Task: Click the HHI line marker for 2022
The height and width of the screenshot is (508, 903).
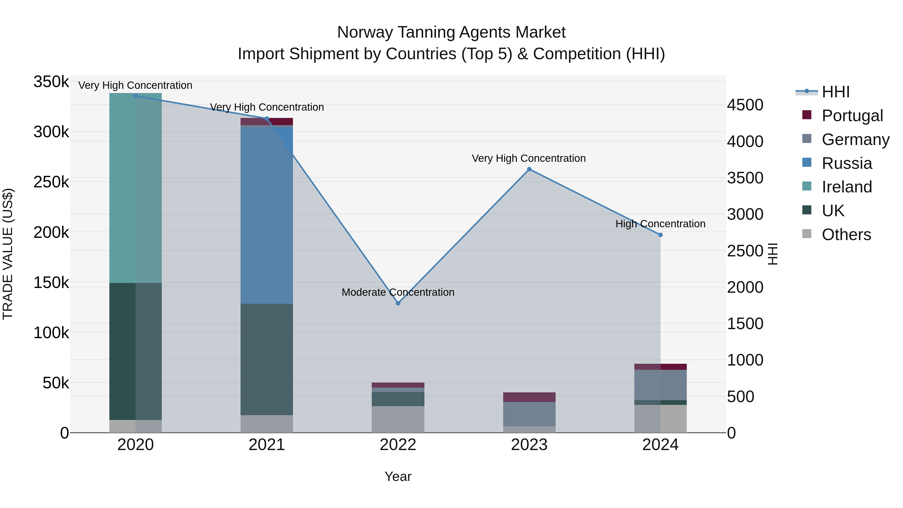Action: tap(398, 303)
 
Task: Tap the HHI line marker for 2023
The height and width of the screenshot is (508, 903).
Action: tap(529, 169)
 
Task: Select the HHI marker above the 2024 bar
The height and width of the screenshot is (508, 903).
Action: tap(660, 235)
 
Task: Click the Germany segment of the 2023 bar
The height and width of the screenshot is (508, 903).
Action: tap(529, 414)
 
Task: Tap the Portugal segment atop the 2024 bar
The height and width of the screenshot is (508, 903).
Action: tap(660, 367)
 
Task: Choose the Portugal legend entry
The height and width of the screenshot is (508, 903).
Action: tap(852, 115)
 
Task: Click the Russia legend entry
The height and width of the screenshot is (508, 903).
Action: tap(847, 163)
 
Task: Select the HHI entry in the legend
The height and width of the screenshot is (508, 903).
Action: tap(835, 92)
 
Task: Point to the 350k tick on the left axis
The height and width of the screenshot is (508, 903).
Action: tap(51, 82)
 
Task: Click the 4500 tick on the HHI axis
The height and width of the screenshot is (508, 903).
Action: tap(745, 105)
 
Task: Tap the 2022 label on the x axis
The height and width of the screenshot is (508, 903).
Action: tap(398, 445)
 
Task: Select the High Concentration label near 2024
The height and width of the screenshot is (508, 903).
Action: tap(660, 224)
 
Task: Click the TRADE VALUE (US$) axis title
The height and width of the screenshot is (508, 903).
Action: tap(8, 254)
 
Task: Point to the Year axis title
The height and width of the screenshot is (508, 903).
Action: tap(398, 476)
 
